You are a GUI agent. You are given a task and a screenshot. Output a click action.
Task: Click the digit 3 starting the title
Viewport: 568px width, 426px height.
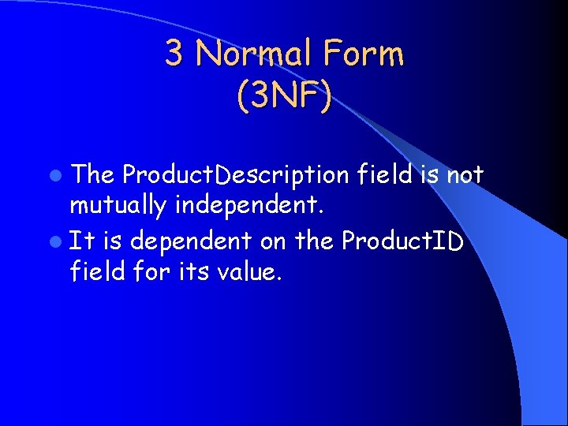(174, 54)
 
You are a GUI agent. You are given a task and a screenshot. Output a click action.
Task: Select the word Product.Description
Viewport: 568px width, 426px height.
(236, 175)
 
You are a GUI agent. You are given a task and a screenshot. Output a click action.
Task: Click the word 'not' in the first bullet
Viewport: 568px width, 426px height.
(465, 174)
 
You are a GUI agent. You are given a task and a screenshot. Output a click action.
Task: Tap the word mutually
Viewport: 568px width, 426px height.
(118, 207)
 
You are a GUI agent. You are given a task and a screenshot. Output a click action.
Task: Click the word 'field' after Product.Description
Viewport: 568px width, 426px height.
(385, 174)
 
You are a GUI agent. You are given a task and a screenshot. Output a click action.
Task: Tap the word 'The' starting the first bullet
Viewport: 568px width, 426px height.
(93, 174)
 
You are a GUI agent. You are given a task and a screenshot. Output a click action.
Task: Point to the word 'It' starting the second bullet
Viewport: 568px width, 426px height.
(80, 240)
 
